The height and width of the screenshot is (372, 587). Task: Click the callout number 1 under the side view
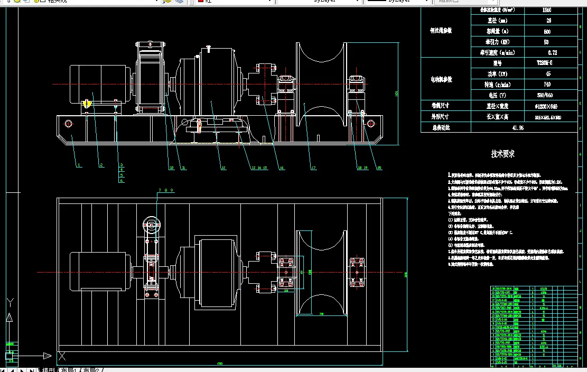point(79,165)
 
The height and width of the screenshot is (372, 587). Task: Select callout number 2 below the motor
point(100,165)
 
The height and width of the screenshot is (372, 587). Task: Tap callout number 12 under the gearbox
point(223,168)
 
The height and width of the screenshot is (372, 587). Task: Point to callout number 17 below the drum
point(313,168)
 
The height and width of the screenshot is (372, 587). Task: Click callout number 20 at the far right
point(379,168)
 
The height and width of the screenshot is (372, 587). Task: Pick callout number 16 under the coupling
point(282,168)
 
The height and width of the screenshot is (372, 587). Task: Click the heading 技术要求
point(502,154)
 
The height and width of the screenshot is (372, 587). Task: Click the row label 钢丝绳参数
point(441,31)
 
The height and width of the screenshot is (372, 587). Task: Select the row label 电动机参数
point(441,79)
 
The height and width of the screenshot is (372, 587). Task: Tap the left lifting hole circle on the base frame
point(69,124)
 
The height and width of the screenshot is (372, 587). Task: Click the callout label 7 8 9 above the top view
point(165,190)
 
